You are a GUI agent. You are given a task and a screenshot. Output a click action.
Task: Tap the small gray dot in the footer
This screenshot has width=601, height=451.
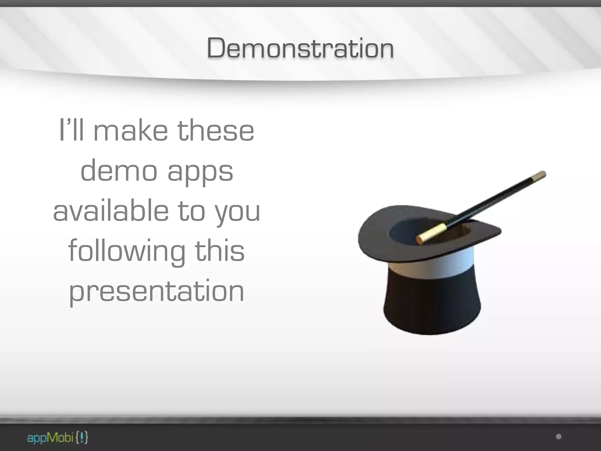[x=559, y=437]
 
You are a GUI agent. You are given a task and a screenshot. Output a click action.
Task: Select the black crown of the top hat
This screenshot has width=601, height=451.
[x=431, y=305]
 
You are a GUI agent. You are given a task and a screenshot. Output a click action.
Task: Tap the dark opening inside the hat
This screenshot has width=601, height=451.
[x=411, y=229]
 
